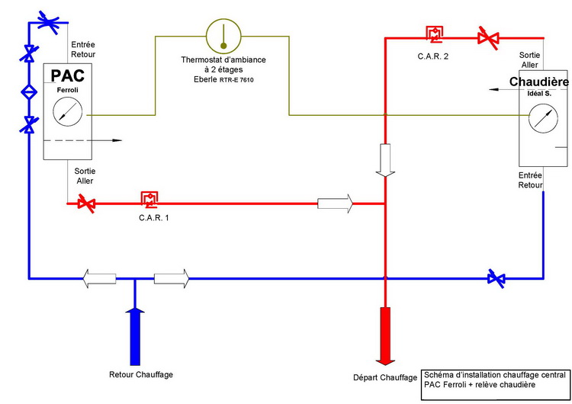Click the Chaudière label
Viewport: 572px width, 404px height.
click(540, 82)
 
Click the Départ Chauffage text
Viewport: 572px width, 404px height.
click(384, 377)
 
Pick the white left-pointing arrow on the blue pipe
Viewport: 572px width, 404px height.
click(99, 278)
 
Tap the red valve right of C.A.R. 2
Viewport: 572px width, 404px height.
click(485, 35)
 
